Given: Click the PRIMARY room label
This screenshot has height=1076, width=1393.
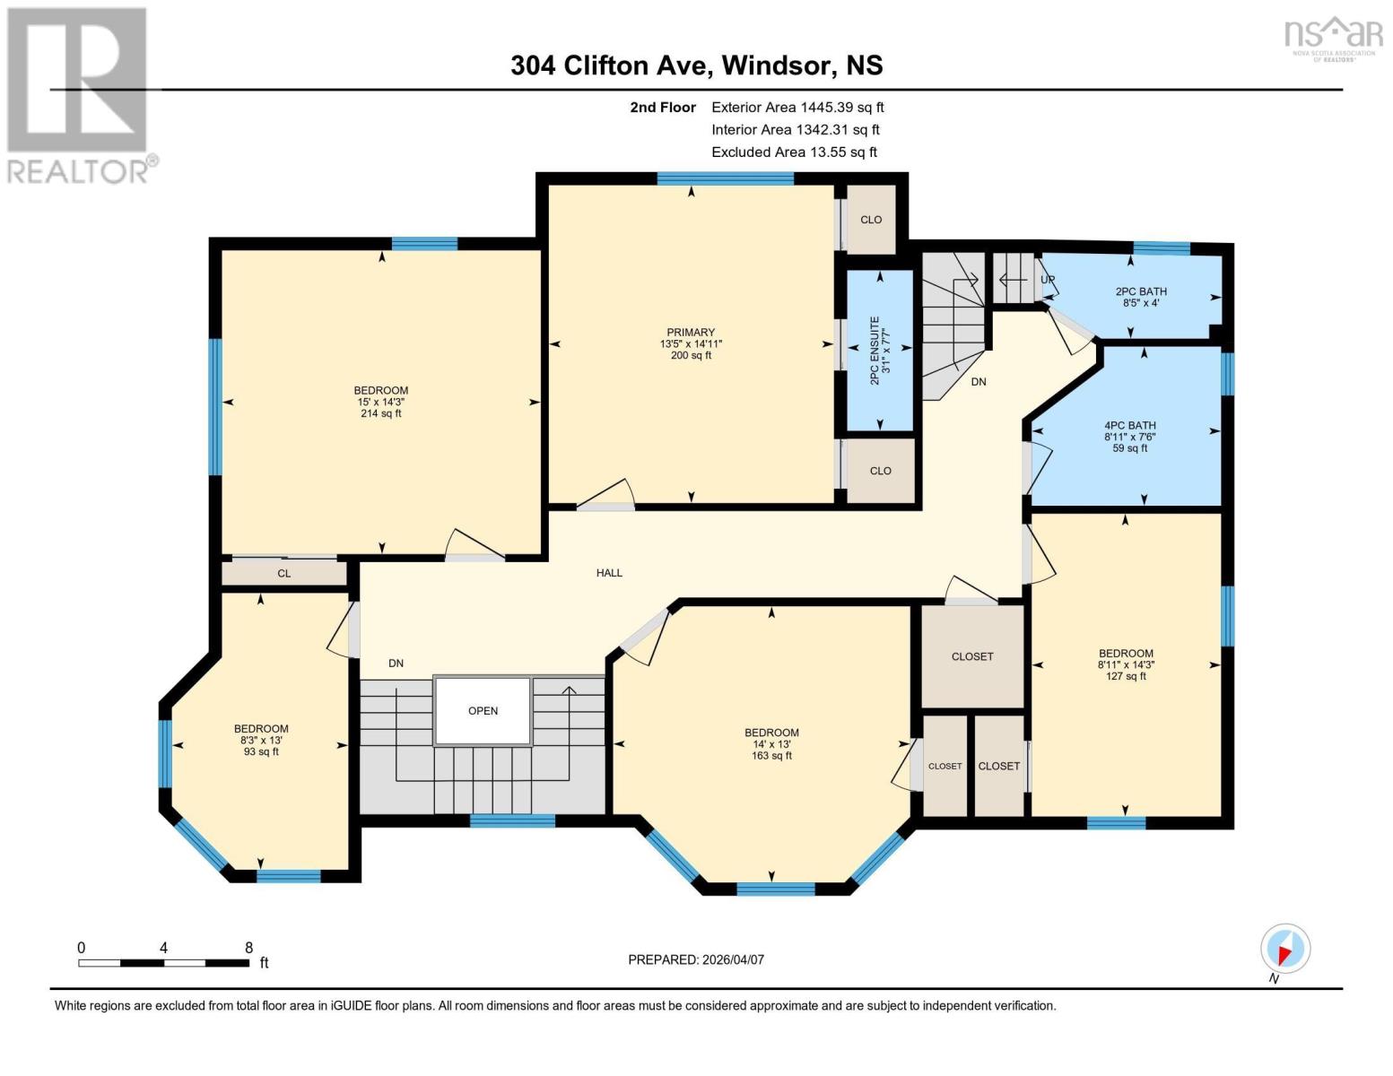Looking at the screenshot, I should (x=691, y=333).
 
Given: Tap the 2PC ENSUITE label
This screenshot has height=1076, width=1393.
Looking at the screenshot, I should (x=875, y=350).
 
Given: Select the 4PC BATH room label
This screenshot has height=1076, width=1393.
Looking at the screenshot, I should (x=1129, y=426).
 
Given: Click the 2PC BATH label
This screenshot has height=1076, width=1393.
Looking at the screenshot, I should (x=1141, y=291).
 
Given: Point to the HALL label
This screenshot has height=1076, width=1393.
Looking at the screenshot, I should (x=609, y=573).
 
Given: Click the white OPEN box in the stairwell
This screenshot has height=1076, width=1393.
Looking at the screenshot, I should (x=483, y=711).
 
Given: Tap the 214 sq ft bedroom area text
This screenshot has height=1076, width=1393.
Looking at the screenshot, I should (x=381, y=413).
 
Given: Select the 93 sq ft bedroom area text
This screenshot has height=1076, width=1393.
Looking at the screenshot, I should (x=261, y=751).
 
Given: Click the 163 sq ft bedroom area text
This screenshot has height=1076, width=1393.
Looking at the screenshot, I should (x=771, y=756).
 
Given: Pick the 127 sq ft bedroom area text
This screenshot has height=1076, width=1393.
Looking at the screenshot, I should (x=1126, y=676).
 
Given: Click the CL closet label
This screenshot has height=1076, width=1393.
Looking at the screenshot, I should (x=283, y=574).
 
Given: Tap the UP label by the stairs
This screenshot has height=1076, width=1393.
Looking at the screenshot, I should (x=1047, y=280).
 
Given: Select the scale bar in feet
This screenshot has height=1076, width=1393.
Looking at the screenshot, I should (x=164, y=963).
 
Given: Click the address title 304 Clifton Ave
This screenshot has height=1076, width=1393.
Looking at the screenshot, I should (x=696, y=65).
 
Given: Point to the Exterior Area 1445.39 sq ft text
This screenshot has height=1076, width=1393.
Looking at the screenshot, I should (x=797, y=108).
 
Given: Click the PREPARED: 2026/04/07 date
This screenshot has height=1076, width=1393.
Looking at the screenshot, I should (x=696, y=959).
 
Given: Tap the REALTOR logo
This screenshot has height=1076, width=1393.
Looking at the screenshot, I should (x=79, y=94).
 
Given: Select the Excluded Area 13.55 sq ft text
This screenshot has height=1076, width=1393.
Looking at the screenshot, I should (x=794, y=152).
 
